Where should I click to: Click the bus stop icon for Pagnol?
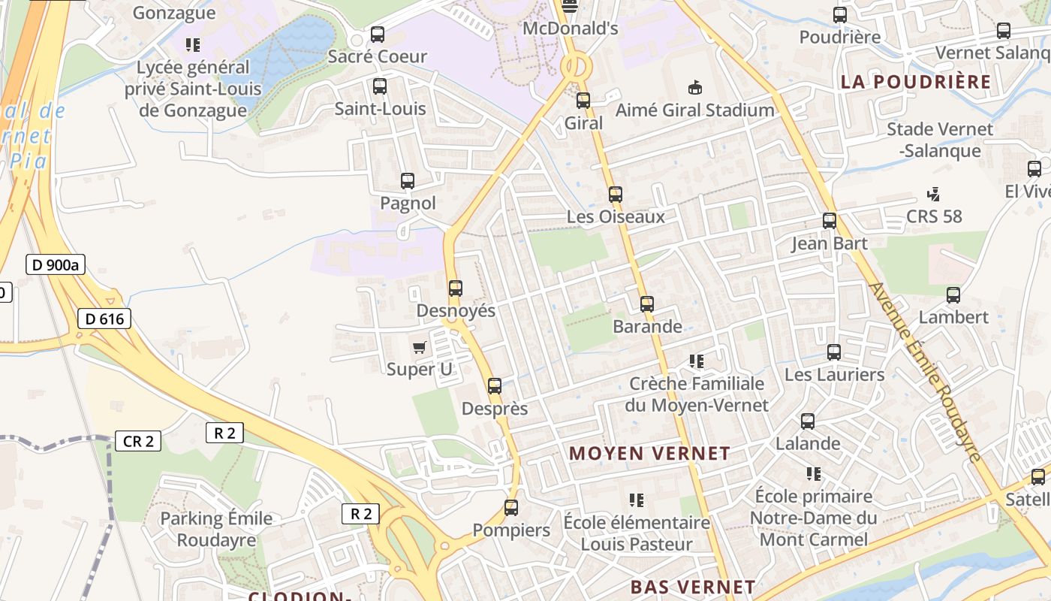point(408,181)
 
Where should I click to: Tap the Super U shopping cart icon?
point(420,347)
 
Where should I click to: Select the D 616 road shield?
point(104,319)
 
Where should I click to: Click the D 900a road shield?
point(56,264)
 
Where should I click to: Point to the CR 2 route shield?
point(138,441)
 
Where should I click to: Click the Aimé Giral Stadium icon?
point(695,88)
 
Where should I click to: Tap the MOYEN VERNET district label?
point(649,453)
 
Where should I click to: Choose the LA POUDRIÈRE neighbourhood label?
point(916,82)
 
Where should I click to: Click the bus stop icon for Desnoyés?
point(455,288)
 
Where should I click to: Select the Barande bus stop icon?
point(647,304)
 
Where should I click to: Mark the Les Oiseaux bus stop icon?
point(616,195)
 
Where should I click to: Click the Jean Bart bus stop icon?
point(830,221)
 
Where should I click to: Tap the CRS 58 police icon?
point(934,195)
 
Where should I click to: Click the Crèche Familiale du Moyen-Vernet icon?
point(697,361)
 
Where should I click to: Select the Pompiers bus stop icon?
point(511,508)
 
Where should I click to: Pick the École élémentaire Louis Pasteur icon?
point(637,500)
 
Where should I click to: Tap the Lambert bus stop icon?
point(953,295)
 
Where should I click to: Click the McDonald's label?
point(571,29)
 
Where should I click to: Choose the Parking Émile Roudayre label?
point(216,529)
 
